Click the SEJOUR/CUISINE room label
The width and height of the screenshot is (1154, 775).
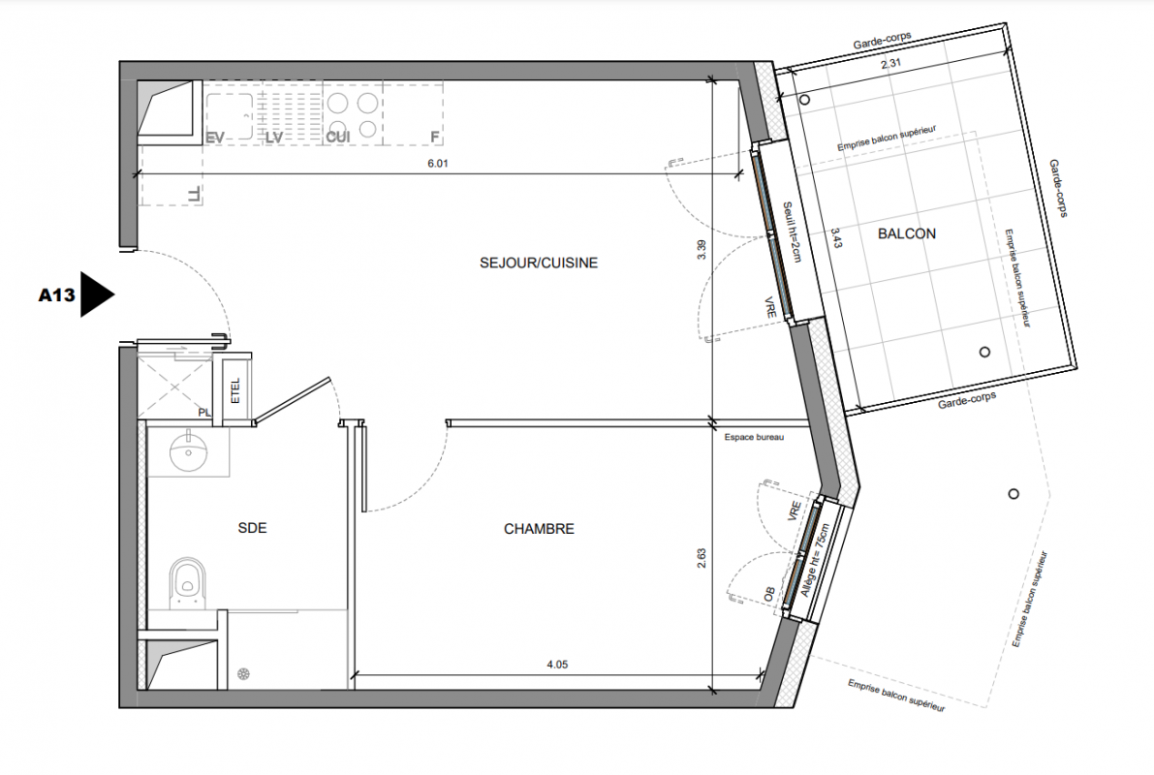coord(539,263)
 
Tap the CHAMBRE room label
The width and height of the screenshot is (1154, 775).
coord(539,528)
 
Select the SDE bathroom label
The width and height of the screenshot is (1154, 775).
coord(253,528)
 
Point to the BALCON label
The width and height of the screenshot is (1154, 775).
coord(907,233)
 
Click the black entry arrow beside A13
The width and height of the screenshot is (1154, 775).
coord(96,294)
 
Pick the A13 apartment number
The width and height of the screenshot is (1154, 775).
coord(56,295)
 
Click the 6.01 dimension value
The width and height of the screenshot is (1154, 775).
coord(438,163)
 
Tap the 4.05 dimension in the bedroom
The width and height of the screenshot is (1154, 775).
coord(557,664)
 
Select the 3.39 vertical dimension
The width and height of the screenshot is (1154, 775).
coord(702,250)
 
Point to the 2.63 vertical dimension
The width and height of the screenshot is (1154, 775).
coord(702,558)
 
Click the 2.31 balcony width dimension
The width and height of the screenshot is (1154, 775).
coord(890,63)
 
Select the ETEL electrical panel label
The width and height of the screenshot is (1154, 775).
coord(235,390)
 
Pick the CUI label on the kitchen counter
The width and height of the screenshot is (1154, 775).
coord(338,137)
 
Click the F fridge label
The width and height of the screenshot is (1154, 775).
coord(434,137)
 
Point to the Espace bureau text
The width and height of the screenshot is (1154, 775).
coord(754,437)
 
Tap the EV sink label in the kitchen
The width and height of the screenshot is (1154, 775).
coord(215,137)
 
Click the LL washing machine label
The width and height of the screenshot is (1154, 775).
coord(194,195)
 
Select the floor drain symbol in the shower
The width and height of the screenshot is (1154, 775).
coord(243,674)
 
